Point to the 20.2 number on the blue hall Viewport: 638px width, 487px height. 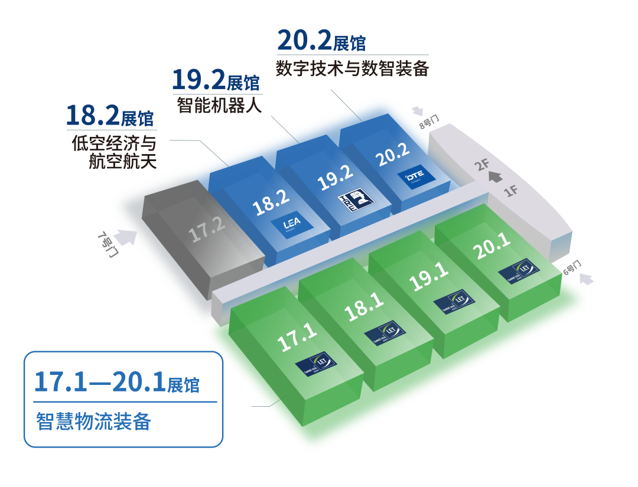click(x=393, y=153)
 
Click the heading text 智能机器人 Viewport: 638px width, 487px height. click(x=220, y=105)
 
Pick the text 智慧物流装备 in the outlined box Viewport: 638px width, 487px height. click(x=93, y=421)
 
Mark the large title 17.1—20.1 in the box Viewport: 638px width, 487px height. click(x=99, y=382)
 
